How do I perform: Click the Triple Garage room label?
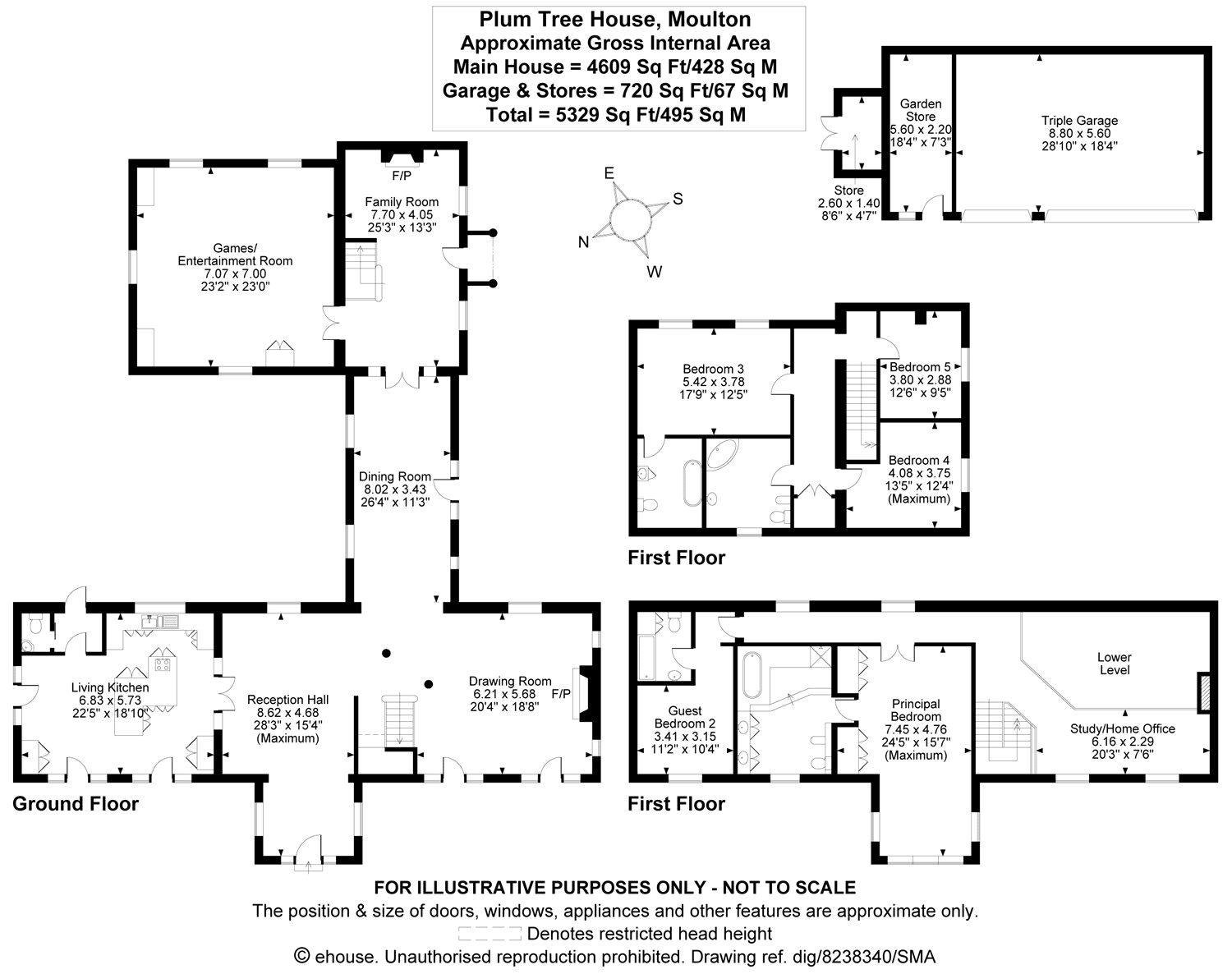(x=1079, y=121)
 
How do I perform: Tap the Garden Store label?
(x=921, y=110)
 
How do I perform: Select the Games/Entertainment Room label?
(x=235, y=255)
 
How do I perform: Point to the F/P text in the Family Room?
(x=402, y=176)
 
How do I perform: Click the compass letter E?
(x=609, y=173)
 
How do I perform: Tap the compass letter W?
(x=655, y=271)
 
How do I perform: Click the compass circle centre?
(x=630, y=219)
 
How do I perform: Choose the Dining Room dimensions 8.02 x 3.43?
(x=395, y=489)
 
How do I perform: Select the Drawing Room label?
(x=510, y=682)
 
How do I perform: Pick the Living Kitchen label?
(x=110, y=687)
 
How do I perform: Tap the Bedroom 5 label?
(x=920, y=367)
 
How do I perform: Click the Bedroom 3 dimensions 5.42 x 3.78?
(x=713, y=382)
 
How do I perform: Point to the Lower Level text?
(x=1114, y=664)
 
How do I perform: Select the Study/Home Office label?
(x=1123, y=729)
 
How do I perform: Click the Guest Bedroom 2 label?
(x=685, y=717)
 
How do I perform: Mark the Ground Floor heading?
(x=76, y=804)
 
